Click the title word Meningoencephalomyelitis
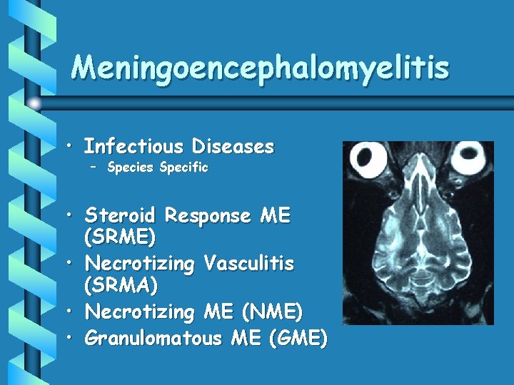pos(261,68)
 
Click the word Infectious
pos(133,147)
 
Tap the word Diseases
pos(233,147)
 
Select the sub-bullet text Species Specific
pos(158,168)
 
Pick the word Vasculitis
pos(248,263)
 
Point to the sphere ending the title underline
pos(34,104)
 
